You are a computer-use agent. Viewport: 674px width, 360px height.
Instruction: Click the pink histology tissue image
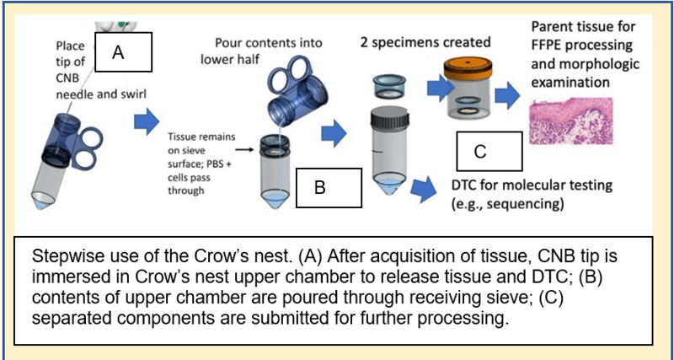tap(571, 121)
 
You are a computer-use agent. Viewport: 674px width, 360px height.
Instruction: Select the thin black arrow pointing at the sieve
tap(246, 150)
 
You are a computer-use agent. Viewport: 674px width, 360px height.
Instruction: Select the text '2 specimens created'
tap(425, 43)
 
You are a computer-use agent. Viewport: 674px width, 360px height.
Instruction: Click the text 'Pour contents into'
tap(269, 43)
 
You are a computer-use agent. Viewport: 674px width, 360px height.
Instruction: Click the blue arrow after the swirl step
tap(146, 121)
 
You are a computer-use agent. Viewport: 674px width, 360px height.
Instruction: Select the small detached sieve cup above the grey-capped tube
tap(389, 86)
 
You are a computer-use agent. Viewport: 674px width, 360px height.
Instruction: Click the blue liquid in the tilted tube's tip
tap(40, 204)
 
